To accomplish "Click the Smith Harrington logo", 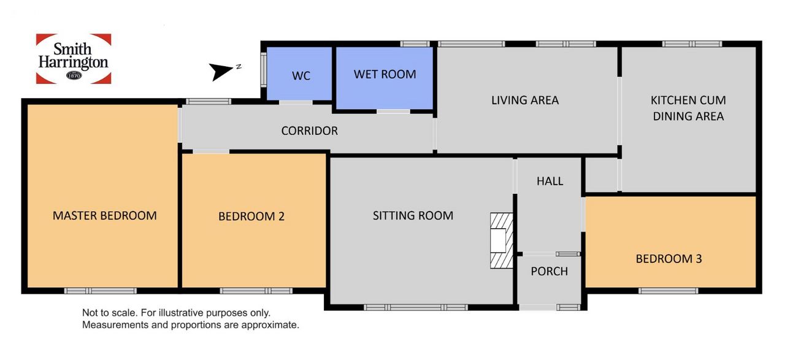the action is coord(74,58).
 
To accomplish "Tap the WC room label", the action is coord(301,75).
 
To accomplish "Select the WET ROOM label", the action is coord(385,74).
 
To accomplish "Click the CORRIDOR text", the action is coord(310,131).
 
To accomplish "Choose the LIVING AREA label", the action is coord(525,100).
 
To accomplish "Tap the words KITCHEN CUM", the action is coord(688,100).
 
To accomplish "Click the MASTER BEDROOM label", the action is coord(104,216).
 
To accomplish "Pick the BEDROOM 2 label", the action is coord(251,216).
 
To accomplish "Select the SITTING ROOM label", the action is coord(413,216).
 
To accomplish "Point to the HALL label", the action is coord(550,182).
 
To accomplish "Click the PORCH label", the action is coord(549,271).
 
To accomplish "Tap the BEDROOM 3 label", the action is coord(668,259).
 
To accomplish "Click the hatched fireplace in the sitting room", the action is coord(502,241).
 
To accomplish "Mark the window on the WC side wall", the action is coord(264,69).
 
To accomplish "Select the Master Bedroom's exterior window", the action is coord(100,291).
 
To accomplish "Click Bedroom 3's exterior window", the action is coord(668,291).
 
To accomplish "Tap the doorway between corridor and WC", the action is coord(296,102).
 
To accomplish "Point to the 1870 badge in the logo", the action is coord(74,75).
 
